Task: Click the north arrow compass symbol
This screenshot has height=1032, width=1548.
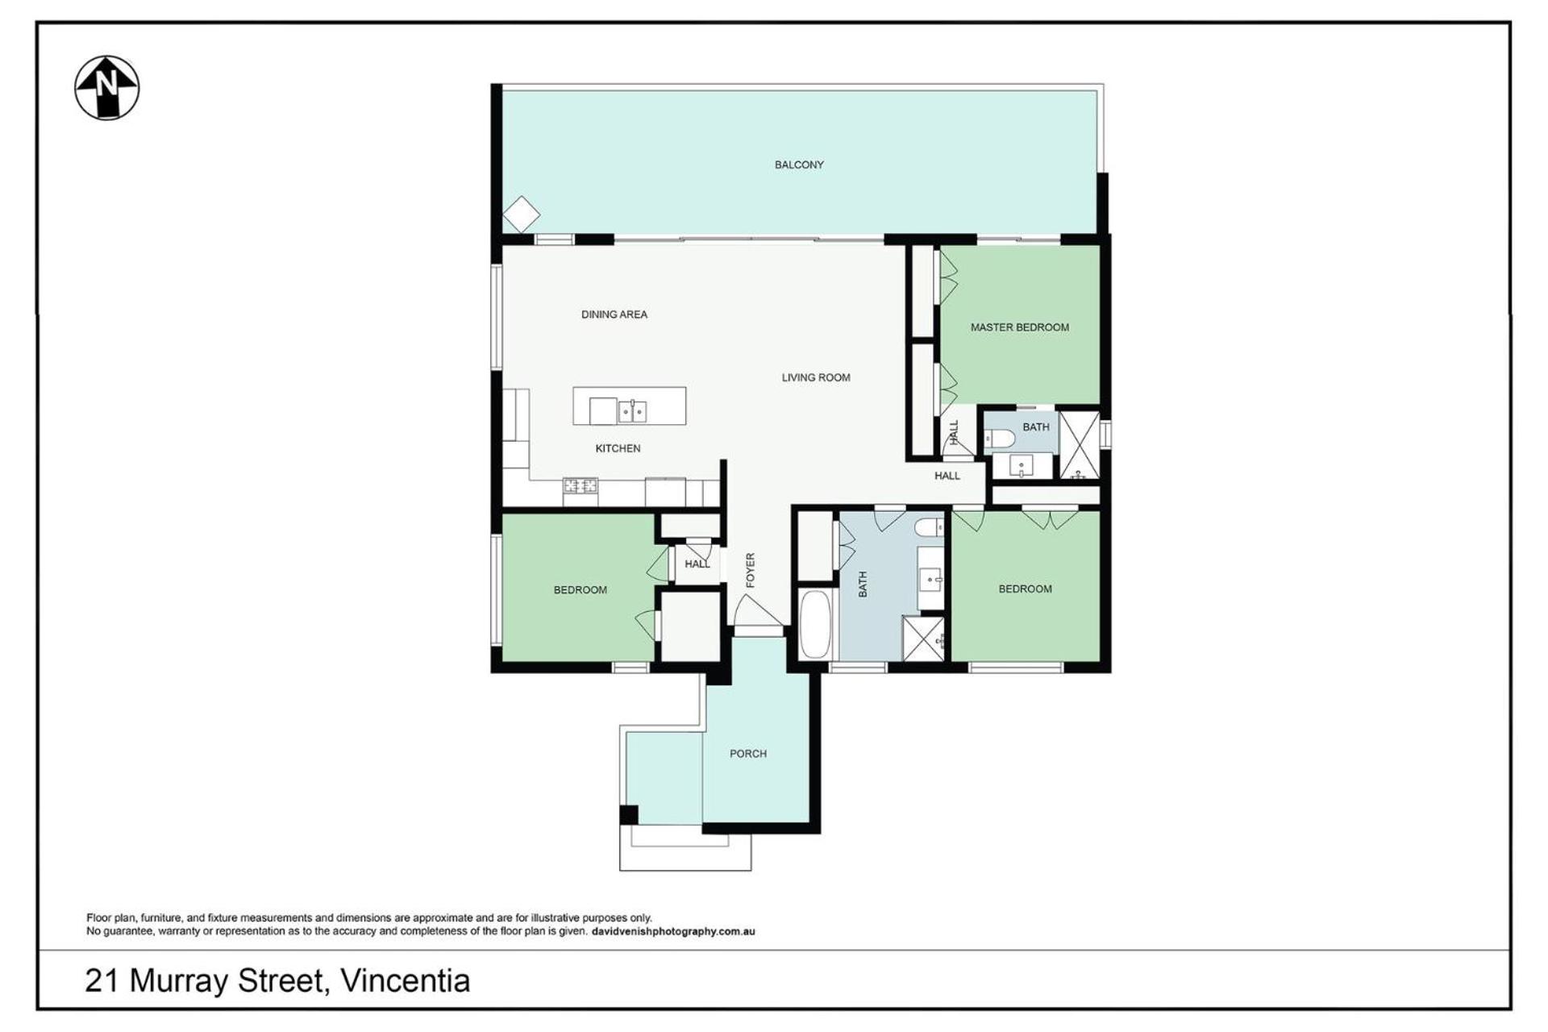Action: click(x=107, y=88)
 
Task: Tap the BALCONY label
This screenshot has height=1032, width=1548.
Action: click(x=799, y=164)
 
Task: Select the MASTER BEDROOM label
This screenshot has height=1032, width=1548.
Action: click(x=1020, y=327)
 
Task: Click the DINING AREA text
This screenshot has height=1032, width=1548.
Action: click(x=614, y=314)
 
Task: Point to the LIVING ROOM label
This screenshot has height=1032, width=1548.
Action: click(x=816, y=377)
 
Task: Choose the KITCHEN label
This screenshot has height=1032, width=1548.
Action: click(x=618, y=448)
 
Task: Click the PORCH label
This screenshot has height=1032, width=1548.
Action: click(x=748, y=754)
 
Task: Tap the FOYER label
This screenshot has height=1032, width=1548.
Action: click(x=751, y=570)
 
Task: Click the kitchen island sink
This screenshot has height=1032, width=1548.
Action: click(x=632, y=411)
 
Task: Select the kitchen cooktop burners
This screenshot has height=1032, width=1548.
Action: click(x=580, y=485)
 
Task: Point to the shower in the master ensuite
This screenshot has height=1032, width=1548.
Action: click(x=1079, y=445)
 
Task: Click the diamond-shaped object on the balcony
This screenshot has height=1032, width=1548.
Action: click(x=521, y=216)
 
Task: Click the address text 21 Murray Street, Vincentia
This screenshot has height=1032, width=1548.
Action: click(x=277, y=981)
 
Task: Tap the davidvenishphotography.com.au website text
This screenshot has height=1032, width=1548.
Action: click(x=673, y=931)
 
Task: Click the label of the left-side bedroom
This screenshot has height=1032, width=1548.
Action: click(x=580, y=590)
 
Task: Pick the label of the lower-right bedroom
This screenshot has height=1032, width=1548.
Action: click(x=1026, y=589)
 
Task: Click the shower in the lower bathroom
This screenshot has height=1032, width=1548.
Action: click(x=923, y=639)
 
